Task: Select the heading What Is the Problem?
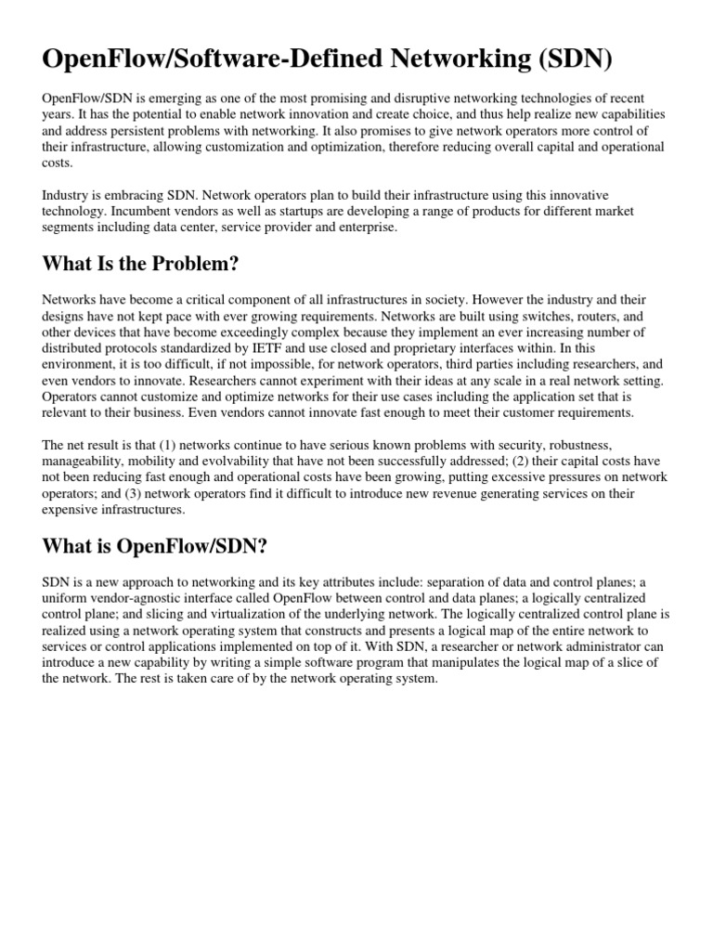point(140,264)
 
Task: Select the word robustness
point(577,446)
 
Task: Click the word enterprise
point(368,227)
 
